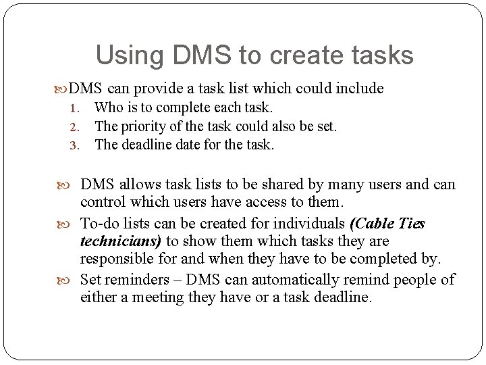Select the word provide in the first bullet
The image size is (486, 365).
(x=159, y=89)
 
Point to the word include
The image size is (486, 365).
(x=360, y=89)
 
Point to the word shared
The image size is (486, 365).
(x=264, y=185)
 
